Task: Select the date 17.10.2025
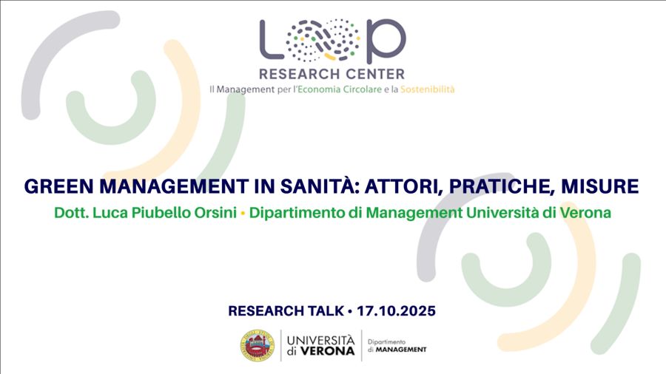[x=396, y=311]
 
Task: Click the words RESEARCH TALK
[x=286, y=311]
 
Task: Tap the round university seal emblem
[x=258, y=346]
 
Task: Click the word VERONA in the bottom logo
[x=327, y=351]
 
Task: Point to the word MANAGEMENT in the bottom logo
[x=401, y=350]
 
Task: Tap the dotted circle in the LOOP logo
[x=323, y=39]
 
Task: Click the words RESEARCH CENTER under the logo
[x=332, y=74]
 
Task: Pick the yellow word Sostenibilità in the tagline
[x=427, y=89]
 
